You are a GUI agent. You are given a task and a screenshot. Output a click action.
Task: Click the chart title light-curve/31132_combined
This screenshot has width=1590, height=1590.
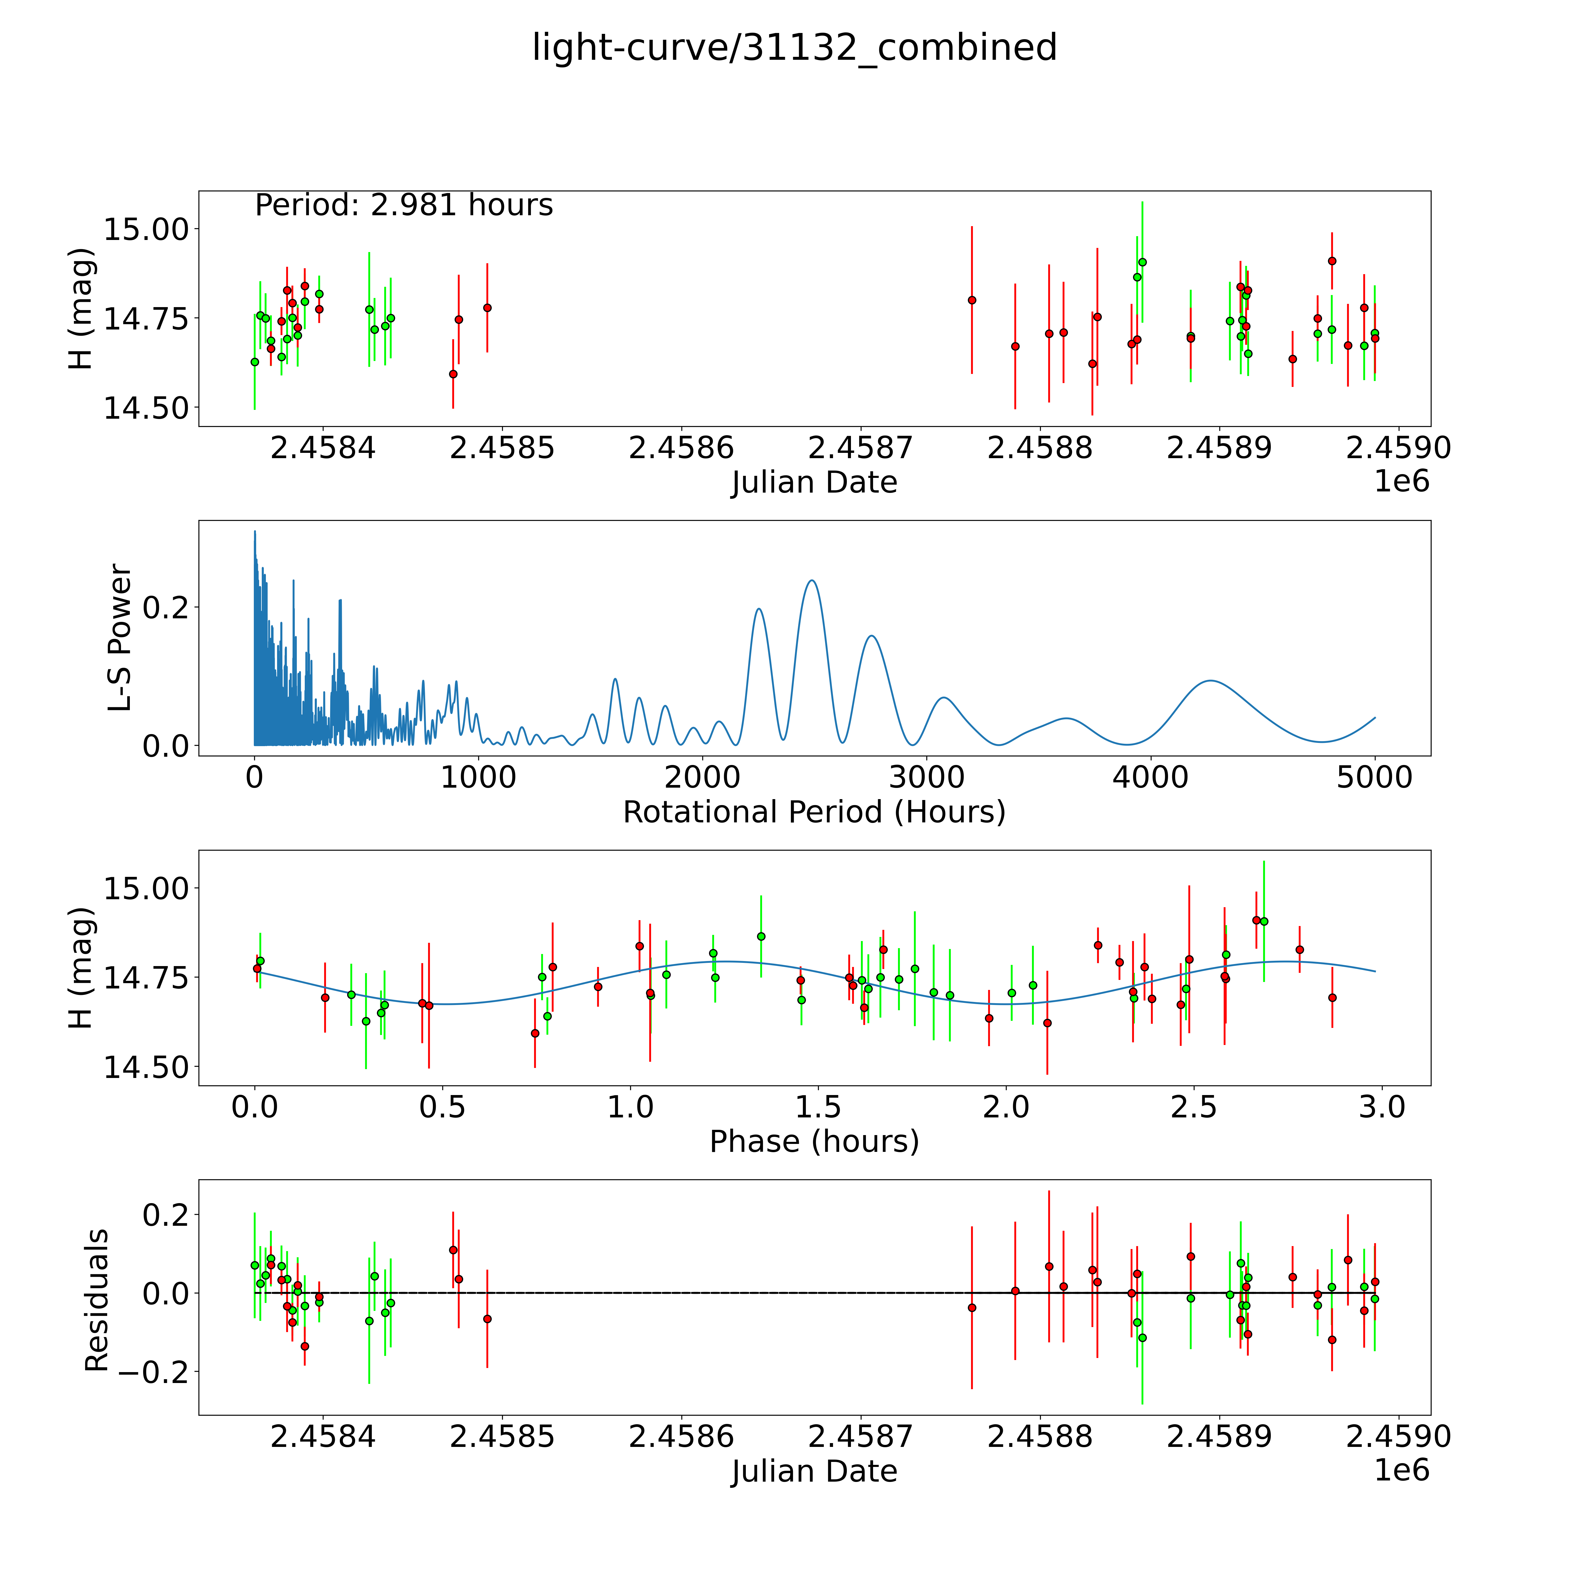(x=794, y=48)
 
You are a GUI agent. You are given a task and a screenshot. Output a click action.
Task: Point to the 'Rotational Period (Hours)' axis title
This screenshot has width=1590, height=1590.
(x=814, y=812)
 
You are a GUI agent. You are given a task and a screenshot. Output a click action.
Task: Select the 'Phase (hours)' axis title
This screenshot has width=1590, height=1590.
(x=814, y=1142)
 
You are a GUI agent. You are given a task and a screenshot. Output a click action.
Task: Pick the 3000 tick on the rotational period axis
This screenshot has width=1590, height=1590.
(x=927, y=777)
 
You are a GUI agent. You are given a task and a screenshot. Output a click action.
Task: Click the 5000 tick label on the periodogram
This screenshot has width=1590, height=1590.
(x=1374, y=777)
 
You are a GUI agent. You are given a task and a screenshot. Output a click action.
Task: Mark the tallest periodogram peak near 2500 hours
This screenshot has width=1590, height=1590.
(x=811, y=581)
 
